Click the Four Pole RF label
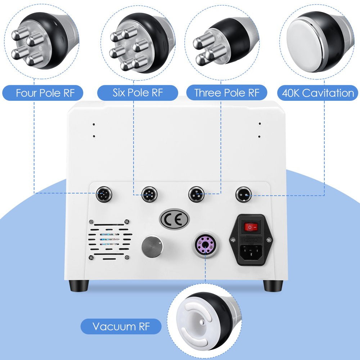click(45, 93)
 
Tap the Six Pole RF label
click(138, 93)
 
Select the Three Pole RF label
click(227, 93)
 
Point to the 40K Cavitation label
click(318, 93)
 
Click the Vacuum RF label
click(121, 326)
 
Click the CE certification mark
click(174, 220)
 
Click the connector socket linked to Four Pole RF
click(104, 194)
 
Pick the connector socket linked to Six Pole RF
click(149, 194)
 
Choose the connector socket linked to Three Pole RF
click(196, 194)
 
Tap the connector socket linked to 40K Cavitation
click(243, 194)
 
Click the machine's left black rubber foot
click(78, 285)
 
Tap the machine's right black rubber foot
click(273, 285)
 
